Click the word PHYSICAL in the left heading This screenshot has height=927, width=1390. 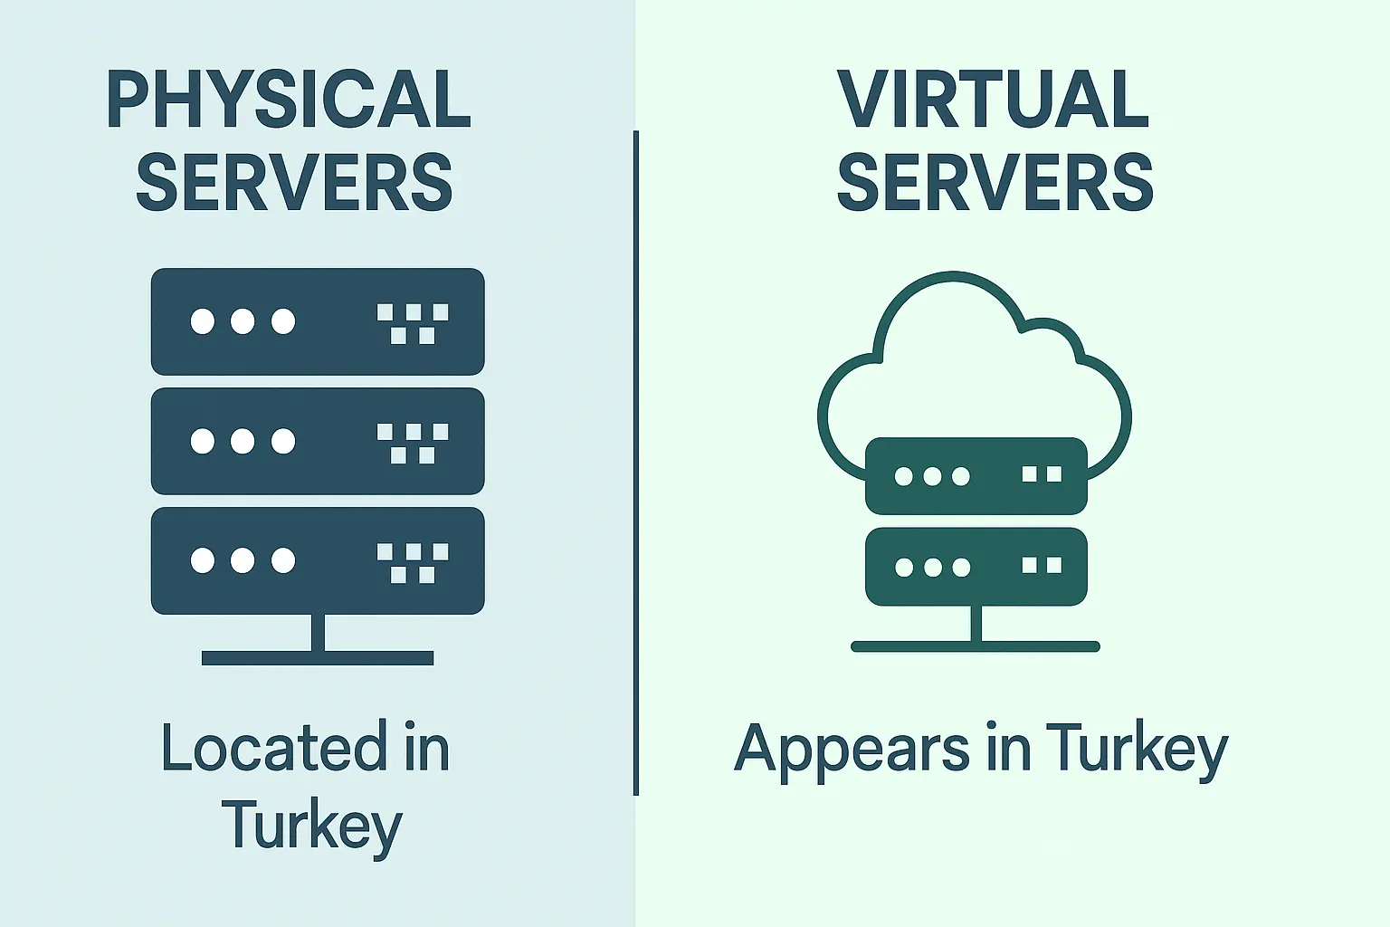pos(289,100)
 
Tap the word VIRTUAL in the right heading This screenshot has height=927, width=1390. pos(993,100)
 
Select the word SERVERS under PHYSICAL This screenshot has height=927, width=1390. pos(294,183)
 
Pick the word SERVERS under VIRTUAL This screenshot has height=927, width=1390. pos(995,183)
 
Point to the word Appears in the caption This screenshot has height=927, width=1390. pos(852,750)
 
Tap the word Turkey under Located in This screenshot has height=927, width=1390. pos(311,826)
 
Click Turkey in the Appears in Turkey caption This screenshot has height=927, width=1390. pos(1138,750)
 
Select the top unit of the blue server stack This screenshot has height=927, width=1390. pos(318,321)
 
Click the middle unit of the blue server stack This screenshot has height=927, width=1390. pos(318,441)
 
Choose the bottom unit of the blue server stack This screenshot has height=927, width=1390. pos(318,560)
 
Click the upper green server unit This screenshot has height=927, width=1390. pos(976,475)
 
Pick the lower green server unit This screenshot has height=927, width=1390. pos(976,567)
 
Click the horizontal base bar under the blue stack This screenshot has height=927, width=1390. pos(318,658)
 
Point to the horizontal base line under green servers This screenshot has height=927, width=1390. pos(976,646)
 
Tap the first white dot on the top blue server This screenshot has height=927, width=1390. pos(203,321)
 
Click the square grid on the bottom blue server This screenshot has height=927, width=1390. pos(413,562)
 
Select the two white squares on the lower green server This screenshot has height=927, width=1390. pos(1042,566)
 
